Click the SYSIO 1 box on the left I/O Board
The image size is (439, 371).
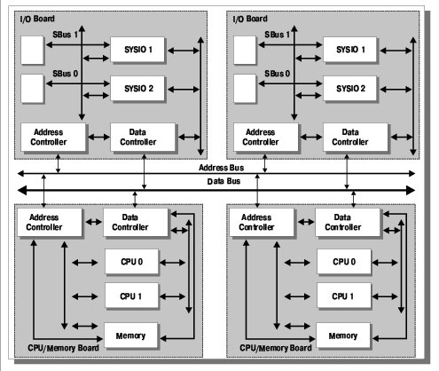point(137,50)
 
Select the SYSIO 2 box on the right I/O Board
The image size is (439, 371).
point(349,89)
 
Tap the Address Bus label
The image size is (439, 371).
point(221,168)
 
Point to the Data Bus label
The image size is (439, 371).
point(223,181)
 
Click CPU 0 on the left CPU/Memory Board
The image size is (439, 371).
point(131,262)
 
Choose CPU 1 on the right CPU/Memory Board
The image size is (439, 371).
point(343,296)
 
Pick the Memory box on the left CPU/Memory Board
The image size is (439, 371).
point(130,335)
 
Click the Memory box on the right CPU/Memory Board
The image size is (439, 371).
point(343,335)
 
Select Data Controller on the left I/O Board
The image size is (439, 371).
point(143,137)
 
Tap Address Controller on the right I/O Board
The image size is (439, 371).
point(266,137)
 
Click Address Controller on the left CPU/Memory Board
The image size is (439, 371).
point(50,222)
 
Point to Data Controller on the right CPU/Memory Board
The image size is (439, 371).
point(348,222)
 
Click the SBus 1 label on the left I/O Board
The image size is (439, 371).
point(65,35)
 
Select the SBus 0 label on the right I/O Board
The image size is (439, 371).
point(277,74)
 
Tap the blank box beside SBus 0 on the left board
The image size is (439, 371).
point(32,89)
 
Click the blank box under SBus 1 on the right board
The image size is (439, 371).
point(245,50)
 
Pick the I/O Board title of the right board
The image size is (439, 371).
point(250,19)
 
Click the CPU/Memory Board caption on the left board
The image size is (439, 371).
point(63,348)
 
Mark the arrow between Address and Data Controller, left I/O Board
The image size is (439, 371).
point(98,137)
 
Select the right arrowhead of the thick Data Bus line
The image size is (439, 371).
point(411,190)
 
